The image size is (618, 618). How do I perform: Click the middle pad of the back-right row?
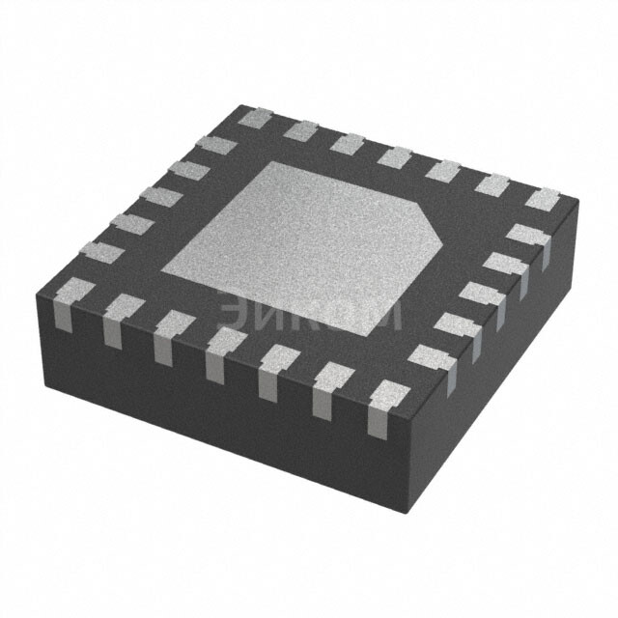(396, 155)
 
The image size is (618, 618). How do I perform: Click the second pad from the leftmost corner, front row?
(121, 308)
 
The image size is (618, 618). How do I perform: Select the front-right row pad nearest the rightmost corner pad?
(526, 233)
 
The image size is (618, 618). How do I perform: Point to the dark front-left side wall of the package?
(193, 386)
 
